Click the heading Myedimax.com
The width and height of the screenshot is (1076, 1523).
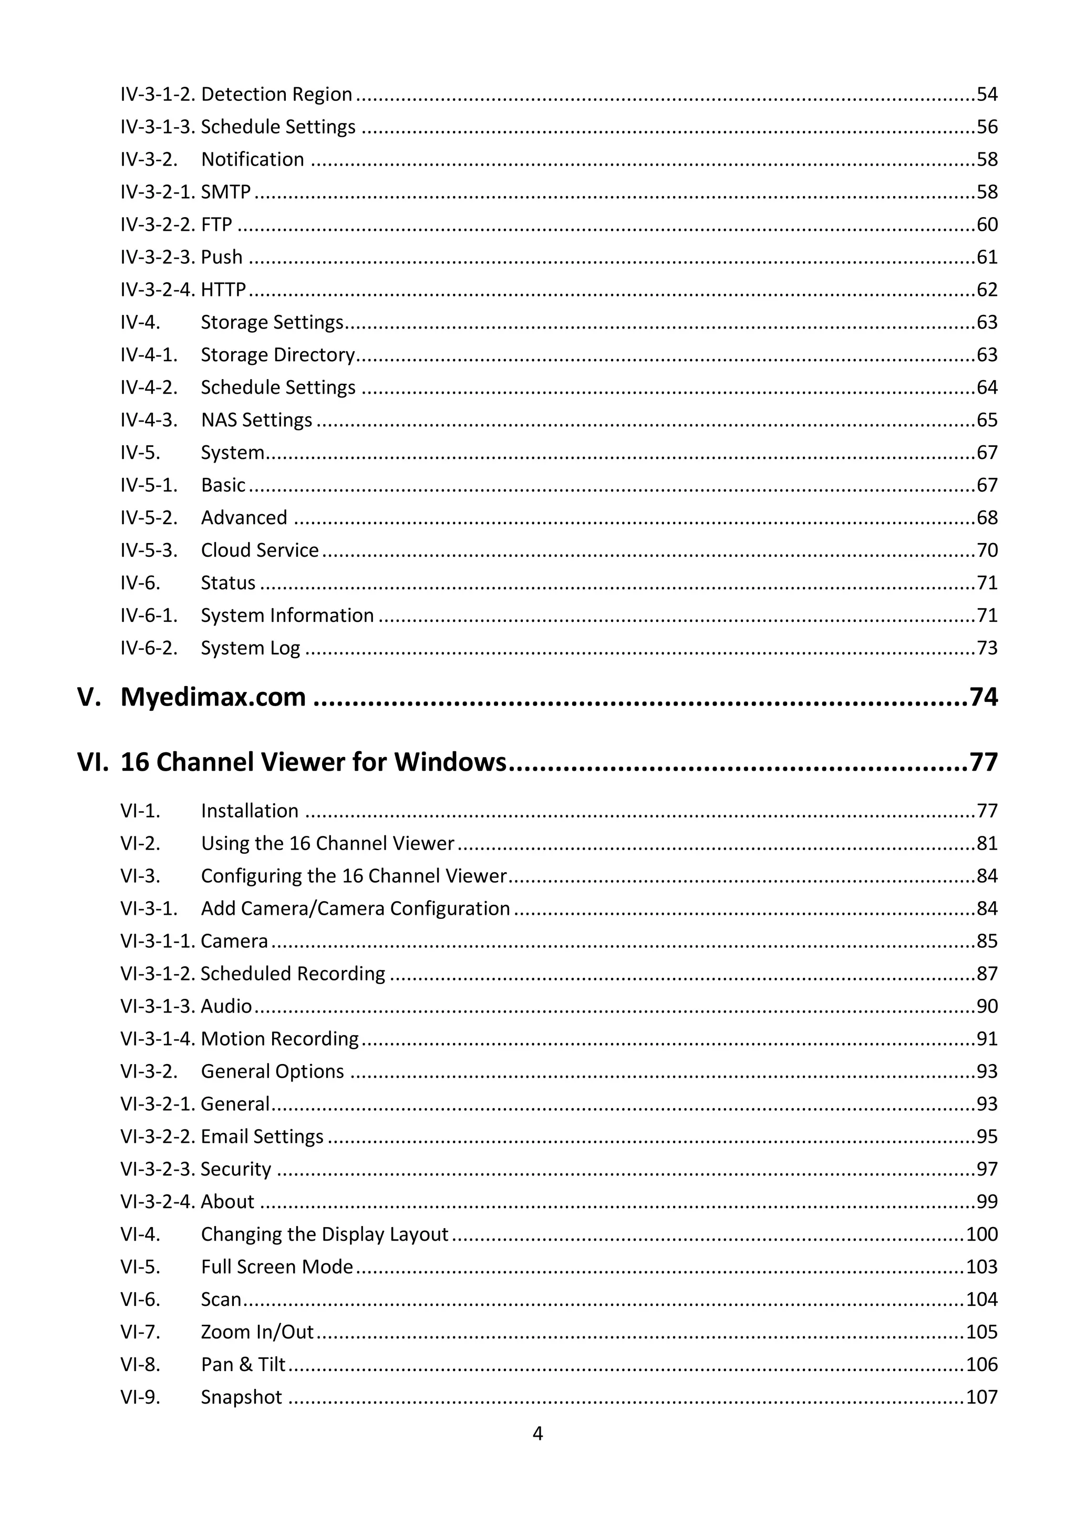coord(213,697)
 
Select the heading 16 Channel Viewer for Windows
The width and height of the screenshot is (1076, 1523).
coord(313,762)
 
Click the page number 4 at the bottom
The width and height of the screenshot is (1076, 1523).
coord(537,1434)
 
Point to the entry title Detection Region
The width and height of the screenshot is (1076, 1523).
coord(276,94)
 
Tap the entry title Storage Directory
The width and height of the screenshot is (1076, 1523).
coord(278,355)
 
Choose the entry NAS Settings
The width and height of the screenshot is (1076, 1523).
coord(256,420)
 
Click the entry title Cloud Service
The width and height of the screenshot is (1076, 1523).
coord(260,550)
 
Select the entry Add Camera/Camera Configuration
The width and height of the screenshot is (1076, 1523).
coord(355,908)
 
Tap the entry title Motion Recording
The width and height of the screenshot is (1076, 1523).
coord(280,1038)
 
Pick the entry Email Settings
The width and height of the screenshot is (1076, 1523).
coord(262,1136)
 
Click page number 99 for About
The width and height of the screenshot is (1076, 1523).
coord(987,1201)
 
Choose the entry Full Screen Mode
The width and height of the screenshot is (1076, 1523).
coord(277,1266)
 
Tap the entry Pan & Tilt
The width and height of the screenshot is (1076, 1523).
coord(243,1364)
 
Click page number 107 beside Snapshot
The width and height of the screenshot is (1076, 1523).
coord(982,1396)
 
